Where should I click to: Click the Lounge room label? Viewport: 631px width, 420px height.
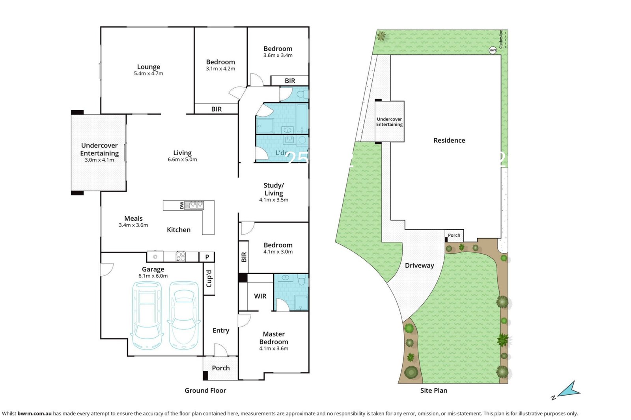[x=149, y=67]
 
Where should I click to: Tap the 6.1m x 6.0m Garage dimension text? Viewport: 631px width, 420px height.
[x=153, y=276]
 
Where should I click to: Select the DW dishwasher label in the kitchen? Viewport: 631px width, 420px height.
[x=182, y=205]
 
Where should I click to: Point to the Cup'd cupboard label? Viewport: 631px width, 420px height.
[x=209, y=279]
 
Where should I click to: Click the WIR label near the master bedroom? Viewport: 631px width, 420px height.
[x=260, y=296]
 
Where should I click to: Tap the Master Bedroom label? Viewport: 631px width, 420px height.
[x=274, y=338]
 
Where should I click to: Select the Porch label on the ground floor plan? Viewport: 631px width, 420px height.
[x=221, y=368]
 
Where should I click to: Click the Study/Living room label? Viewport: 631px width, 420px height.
[x=274, y=189]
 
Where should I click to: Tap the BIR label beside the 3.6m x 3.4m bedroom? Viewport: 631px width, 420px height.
[x=290, y=81]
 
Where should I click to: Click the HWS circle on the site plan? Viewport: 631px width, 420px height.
[x=493, y=50]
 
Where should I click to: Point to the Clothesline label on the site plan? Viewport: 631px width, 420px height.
[x=501, y=39]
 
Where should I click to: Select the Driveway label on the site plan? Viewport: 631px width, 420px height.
[x=419, y=266]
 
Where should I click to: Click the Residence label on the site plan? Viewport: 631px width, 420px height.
[x=449, y=140]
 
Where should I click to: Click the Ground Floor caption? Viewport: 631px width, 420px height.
[x=205, y=390]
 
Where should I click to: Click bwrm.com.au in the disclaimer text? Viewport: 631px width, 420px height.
[x=34, y=414]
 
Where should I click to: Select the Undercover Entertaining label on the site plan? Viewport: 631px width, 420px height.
[x=389, y=122]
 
